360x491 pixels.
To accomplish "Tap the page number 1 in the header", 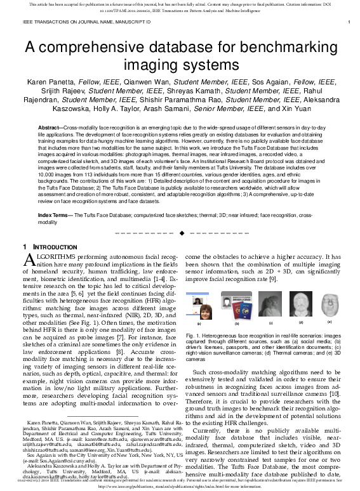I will pyautogui.click(x=349, y=22).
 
